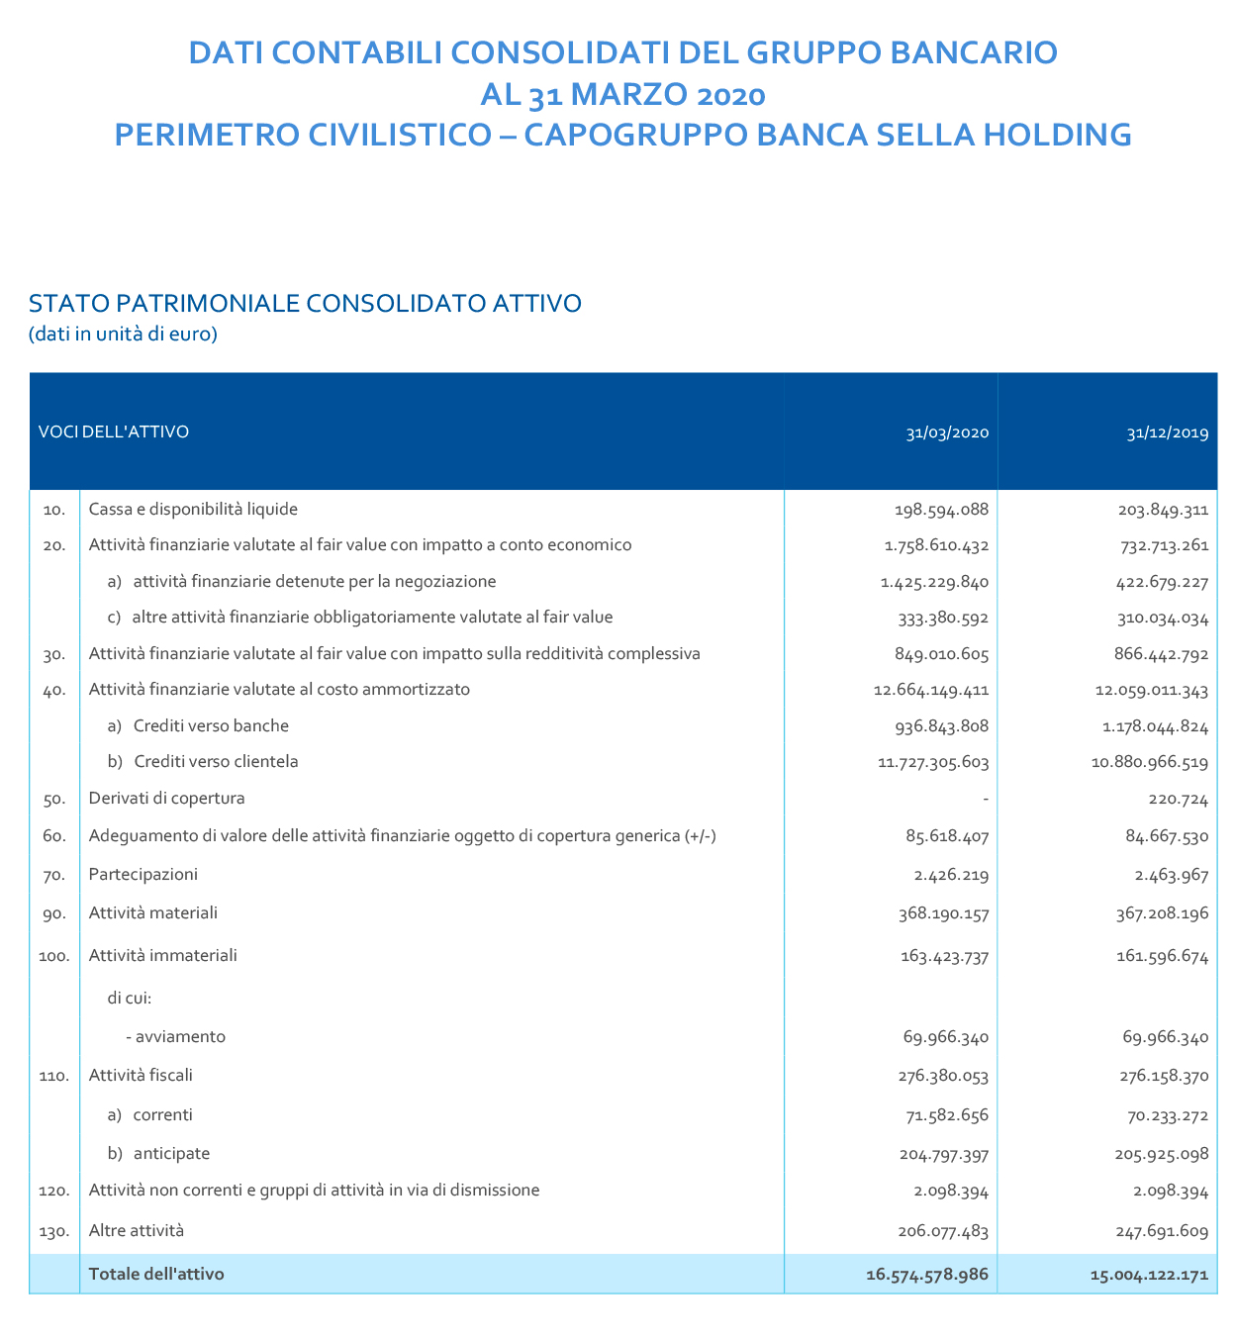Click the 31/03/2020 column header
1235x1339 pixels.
[x=947, y=432]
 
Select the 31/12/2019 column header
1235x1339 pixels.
[x=1167, y=432]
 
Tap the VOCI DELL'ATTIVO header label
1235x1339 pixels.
[x=114, y=431]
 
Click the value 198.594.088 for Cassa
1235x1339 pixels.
[x=940, y=510]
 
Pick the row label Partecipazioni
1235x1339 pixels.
[x=143, y=875]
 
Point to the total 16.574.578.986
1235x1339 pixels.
[x=926, y=1275]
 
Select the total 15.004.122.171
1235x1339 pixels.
[x=1149, y=1275]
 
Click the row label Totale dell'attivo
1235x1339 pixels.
[x=156, y=1274]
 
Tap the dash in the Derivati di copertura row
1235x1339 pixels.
[x=986, y=799]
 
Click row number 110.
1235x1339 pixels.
[x=54, y=1077]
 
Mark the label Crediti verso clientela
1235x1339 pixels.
[x=215, y=762]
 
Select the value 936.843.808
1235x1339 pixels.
[x=940, y=726]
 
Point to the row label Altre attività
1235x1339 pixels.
[x=137, y=1231]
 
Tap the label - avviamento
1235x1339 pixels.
[x=176, y=1037]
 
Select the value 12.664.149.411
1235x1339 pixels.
[x=931, y=690]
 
